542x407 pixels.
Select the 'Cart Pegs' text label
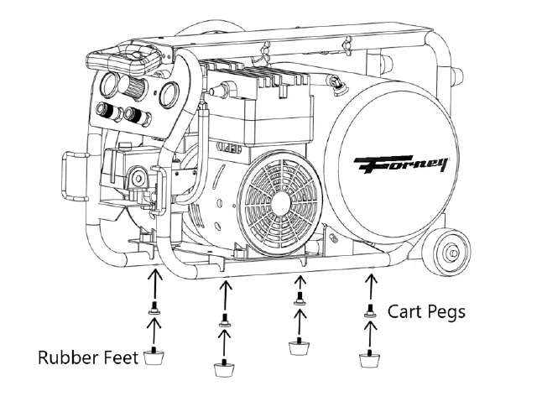coord(425,311)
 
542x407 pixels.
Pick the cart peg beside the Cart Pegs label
coord(368,310)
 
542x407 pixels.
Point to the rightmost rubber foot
coord(367,360)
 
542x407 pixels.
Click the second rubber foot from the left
coord(224,367)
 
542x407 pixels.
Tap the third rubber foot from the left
coord(298,345)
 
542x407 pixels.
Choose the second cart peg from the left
coord(224,319)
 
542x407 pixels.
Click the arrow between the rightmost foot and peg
coord(367,333)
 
